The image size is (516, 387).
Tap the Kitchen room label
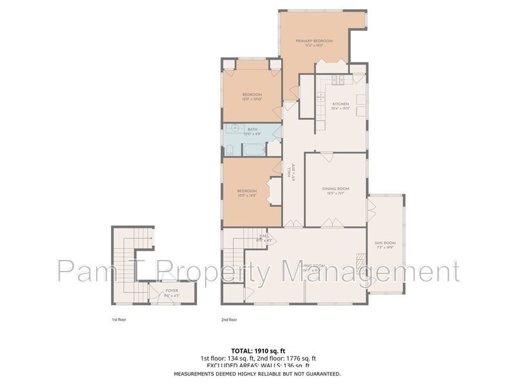(340, 104)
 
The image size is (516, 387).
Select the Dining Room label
(335, 188)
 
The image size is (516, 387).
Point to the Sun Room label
(385, 243)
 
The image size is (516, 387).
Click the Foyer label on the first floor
(172, 291)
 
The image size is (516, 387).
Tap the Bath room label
(253, 130)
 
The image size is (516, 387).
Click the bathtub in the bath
(253, 150)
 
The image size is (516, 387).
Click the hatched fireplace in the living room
(360, 261)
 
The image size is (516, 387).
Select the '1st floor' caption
(120, 319)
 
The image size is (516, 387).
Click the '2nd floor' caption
(229, 319)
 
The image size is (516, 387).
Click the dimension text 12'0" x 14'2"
(247, 195)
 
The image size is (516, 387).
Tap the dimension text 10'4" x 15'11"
(340, 109)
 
